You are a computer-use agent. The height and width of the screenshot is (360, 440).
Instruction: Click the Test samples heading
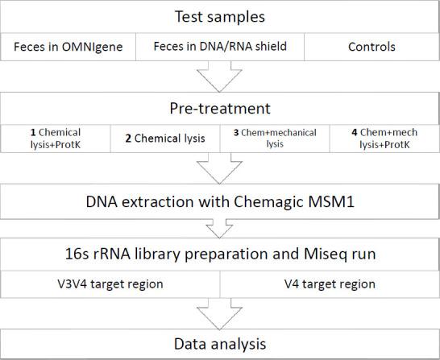(x=219, y=16)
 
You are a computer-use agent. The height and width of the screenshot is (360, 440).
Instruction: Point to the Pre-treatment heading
(x=219, y=107)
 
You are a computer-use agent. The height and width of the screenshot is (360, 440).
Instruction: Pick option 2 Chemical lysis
(x=164, y=137)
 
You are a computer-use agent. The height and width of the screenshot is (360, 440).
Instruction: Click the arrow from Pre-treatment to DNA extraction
(x=220, y=170)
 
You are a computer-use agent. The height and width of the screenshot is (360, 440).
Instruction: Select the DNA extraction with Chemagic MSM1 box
(x=219, y=199)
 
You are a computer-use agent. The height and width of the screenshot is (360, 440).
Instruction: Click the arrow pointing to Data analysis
(x=220, y=310)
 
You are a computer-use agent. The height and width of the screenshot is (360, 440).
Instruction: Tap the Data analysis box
(x=219, y=344)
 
